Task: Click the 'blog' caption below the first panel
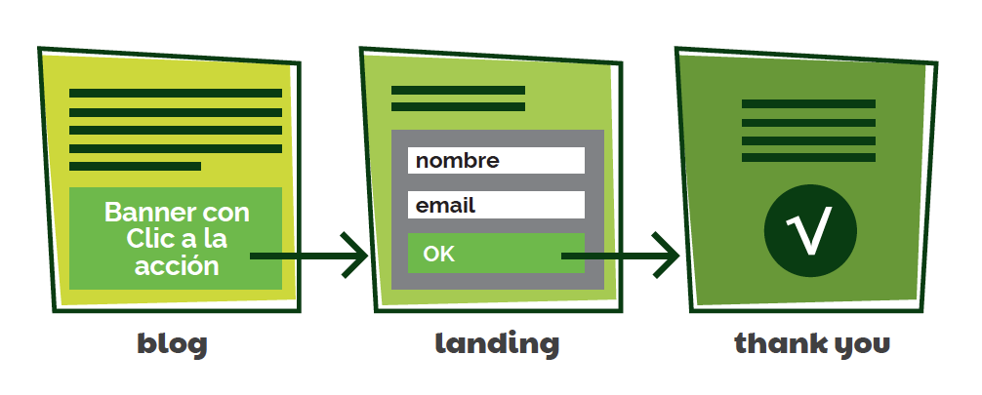tap(172, 343)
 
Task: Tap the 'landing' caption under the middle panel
tap(497, 343)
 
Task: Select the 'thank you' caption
tap(812, 343)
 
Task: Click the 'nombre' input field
tap(496, 161)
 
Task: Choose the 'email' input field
tap(496, 205)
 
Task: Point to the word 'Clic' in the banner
tap(148, 239)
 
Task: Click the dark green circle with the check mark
tap(810, 232)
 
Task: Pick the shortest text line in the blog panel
tap(135, 167)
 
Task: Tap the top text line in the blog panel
tap(176, 94)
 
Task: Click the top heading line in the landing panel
tap(458, 91)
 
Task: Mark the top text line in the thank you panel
tap(808, 103)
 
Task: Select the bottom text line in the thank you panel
tap(808, 157)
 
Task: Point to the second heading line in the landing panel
tap(458, 107)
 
